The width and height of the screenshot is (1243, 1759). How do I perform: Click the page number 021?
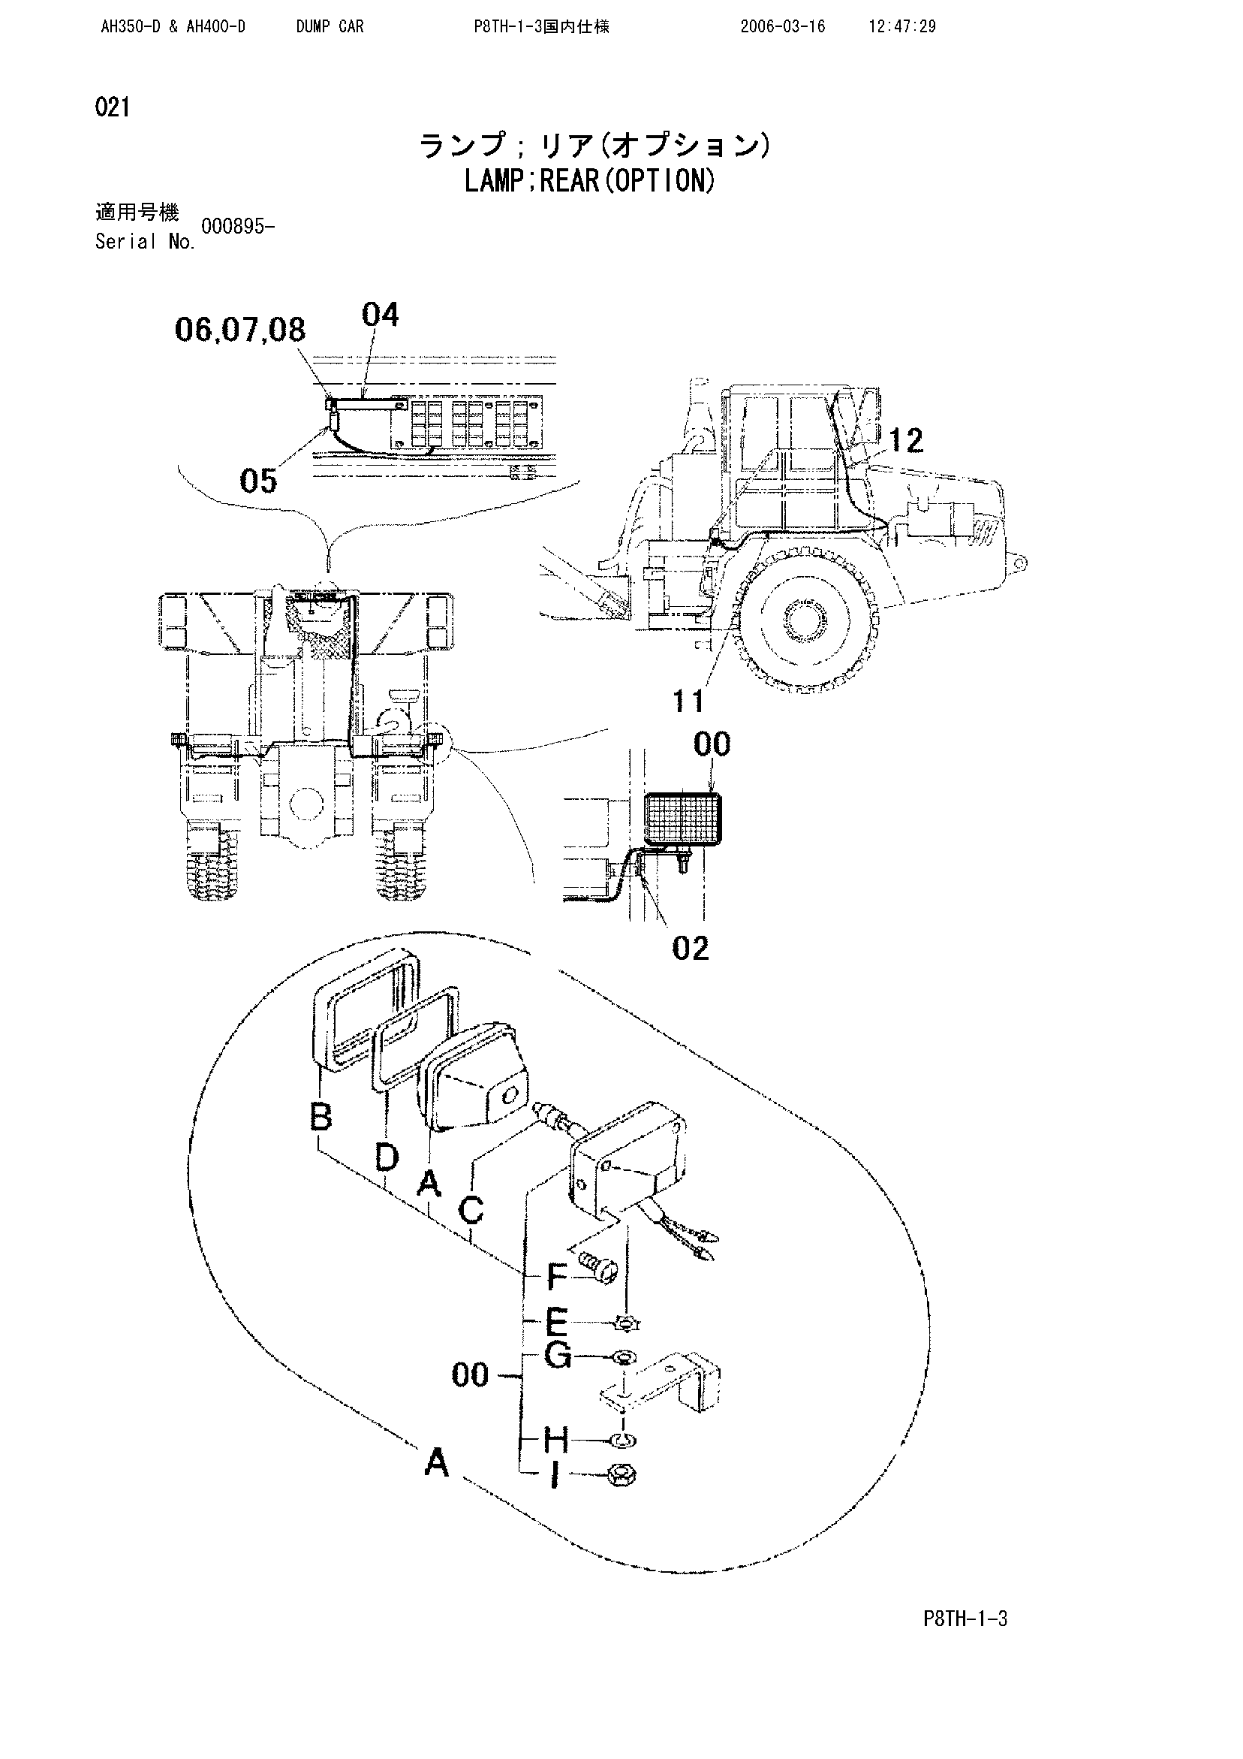[112, 107]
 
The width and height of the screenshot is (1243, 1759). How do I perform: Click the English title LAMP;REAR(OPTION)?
[590, 182]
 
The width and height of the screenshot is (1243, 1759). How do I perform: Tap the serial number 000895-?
[237, 226]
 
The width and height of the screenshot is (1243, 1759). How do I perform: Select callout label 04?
[380, 315]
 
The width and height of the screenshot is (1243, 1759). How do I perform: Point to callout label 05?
[258, 481]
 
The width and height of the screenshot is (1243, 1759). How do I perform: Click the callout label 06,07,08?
[239, 330]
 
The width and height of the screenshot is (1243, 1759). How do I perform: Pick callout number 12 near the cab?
[906, 441]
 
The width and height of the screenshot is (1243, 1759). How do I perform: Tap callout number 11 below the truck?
[688, 700]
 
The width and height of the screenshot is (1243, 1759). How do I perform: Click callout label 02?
[690, 949]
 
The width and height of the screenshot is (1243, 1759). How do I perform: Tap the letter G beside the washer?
[558, 1356]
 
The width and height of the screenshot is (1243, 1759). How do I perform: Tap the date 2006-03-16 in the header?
[782, 27]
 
